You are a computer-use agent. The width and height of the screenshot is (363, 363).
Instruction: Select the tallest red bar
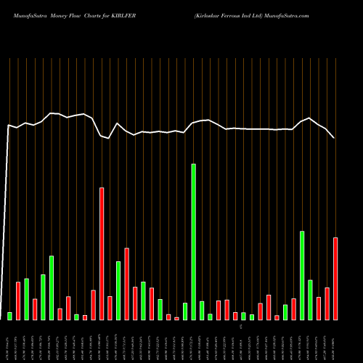(x=102, y=253)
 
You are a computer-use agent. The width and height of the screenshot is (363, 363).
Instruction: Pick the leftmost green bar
(x=10, y=316)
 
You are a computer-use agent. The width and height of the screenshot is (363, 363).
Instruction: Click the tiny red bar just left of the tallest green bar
(x=176, y=318)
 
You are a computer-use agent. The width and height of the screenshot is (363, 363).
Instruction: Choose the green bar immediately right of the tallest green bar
(x=202, y=310)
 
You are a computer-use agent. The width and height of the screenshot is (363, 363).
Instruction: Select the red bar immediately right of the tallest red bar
(x=110, y=308)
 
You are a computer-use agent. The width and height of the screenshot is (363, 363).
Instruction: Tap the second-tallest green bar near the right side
(x=302, y=275)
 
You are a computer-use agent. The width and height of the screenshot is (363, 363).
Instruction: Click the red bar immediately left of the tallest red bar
(x=94, y=305)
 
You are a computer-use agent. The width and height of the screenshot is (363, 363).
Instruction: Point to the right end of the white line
(x=334, y=137)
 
